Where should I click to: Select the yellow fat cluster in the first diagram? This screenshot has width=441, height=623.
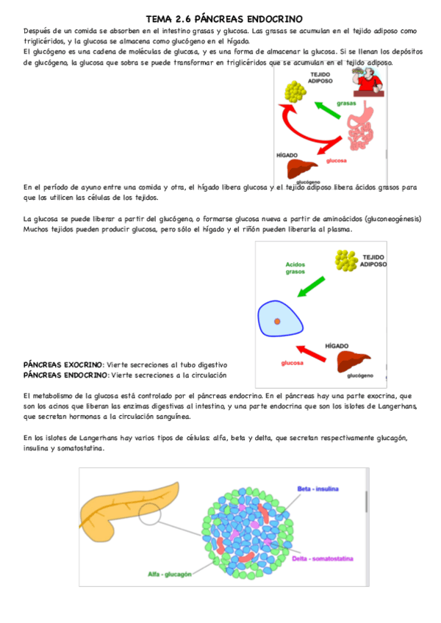coord(296,91)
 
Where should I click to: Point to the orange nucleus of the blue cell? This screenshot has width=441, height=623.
coord(277,322)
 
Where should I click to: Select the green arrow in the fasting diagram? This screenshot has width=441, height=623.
coord(315,285)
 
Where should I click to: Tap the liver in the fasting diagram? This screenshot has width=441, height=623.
coord(352,362)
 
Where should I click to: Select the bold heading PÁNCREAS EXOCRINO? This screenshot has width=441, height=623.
coord(62,364)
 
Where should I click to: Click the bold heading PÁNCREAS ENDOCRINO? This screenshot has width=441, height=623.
coord(65,375)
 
